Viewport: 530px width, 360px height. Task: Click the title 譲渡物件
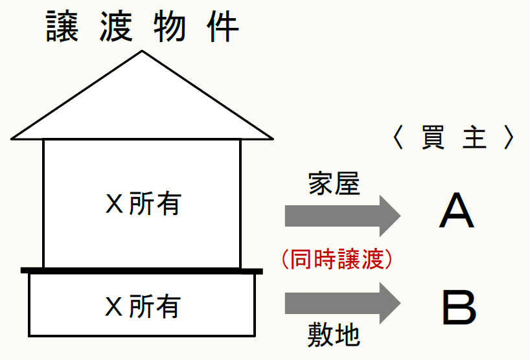coord(143,27)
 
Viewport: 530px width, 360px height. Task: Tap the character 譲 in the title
coord(63,27)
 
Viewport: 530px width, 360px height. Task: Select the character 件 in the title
coord(222,27)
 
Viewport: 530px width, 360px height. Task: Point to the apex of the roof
coord(142,52)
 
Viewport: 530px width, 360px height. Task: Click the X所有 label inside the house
coord(143,205)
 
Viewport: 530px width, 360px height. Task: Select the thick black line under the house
coord(142,270)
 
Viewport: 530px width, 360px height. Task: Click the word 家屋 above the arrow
coord(334,185)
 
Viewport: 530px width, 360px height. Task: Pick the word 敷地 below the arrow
coord(334,335)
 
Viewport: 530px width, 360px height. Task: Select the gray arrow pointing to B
coord(343,302)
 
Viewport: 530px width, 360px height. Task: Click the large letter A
coord(457,212)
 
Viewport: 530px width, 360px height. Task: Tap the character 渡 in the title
coord(117,27)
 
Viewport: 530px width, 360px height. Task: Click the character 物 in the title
coord(170,27)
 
